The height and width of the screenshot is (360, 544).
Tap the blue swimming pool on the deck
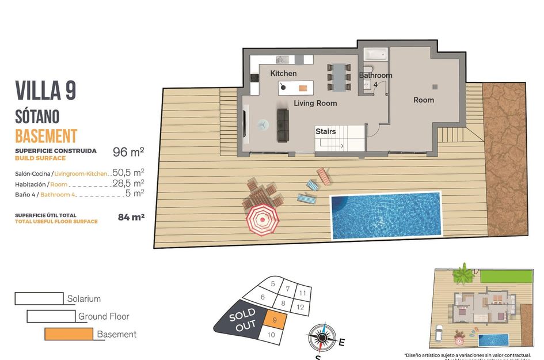pyautogui.click(x=385, y=215)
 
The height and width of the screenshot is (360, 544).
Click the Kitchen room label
pyautogui.click(x=283, y=73)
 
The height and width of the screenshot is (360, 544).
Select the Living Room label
pyautogui.click(x=315, y=103)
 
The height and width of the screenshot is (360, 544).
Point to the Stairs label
pyautogui.click(x=325, y=131)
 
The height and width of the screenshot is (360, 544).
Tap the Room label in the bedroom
pyautogui.click(x=424, y=100)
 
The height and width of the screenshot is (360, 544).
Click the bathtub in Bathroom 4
pyautogui.click(x=376, y=55)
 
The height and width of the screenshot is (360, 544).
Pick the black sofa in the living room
pyautogui.click(x=283, y=125)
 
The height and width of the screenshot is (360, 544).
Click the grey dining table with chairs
pyautogui.click(x=338, y=77)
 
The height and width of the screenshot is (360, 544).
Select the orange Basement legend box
pyautogui.click(x=69, y=334)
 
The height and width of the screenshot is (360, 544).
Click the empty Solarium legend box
pyautogui.click(x=39, y=298)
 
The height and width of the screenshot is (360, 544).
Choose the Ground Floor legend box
pyautogui.click(x=51, y=316)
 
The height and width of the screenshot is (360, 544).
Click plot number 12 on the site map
pyautogui.click(x=300, y=307)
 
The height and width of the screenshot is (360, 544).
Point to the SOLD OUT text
pyautogui.click(x=242, y=320)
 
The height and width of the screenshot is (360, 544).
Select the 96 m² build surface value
pyautogui.click(x=128, y=152)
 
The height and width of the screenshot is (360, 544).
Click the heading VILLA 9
pyautogui.click(x=45, y=91)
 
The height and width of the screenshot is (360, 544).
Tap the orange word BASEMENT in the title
pyautogui.click(x=46, y=136)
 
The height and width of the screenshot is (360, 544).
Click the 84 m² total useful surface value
pyautogui.click(x=130, y=217)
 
